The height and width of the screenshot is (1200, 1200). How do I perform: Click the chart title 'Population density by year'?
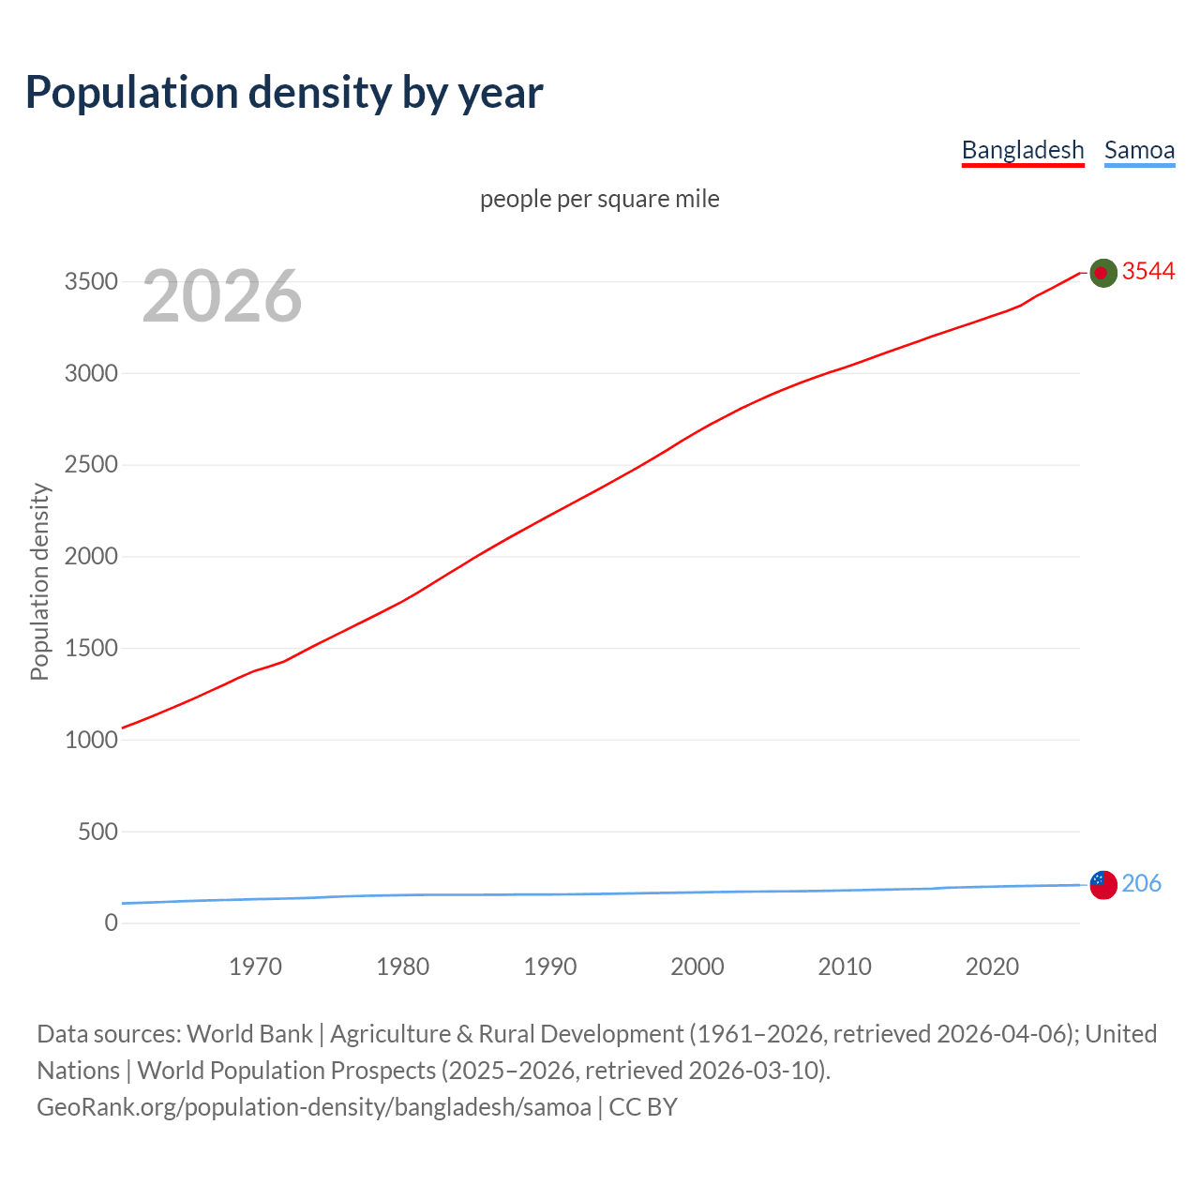point(284,92)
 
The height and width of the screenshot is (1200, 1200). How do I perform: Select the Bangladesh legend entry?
point(1023,150)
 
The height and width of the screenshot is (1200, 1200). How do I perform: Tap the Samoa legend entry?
point(1139,150)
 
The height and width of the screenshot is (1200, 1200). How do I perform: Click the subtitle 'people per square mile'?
point(600,199)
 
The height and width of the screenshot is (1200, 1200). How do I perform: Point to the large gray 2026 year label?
point(222,296)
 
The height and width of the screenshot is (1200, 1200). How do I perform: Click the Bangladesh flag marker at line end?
point(1103,273)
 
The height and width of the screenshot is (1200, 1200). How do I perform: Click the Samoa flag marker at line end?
point(1103,884)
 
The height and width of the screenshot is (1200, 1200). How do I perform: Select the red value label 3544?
point(1148,271)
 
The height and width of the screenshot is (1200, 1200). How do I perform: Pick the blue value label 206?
point(1141,883)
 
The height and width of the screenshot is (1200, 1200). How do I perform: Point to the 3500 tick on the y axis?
point(91,282)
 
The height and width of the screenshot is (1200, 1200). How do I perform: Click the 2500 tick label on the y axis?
point(91,465)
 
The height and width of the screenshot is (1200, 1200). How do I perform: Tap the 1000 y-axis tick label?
point(91,740)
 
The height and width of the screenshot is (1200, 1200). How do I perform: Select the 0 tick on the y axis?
point(112,923)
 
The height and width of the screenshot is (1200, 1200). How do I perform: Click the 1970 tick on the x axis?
point(255,967)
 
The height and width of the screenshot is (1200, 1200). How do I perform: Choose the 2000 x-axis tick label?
point(697,967)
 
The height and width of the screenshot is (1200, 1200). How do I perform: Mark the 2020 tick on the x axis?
point(992,967)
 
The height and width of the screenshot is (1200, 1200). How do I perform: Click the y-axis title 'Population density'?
point(39,581)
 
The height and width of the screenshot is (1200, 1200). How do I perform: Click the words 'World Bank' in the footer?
point(249,1034)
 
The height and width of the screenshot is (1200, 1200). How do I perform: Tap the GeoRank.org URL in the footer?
point(314,1107)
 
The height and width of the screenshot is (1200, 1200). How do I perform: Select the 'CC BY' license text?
point(643,1107)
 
